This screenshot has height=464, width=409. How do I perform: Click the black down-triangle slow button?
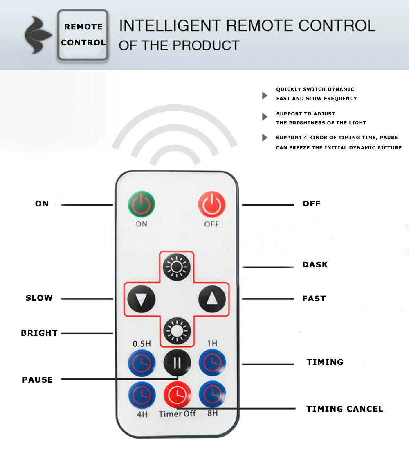[141, 299]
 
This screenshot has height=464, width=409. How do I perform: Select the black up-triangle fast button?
[212, 299]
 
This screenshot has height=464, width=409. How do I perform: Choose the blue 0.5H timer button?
[142, 362]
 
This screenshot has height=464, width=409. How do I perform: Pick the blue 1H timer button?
[212, 362]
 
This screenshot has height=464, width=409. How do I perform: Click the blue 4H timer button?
[142, 394]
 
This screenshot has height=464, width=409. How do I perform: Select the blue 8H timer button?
[212, 394]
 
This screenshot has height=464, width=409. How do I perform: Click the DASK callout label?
[315, 265]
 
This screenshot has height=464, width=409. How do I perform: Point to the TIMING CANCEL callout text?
[345, 409]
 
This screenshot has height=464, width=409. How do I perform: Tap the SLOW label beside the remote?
[39, 298]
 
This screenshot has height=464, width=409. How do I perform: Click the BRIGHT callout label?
[39, 333]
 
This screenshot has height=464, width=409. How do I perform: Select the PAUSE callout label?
[38, 380]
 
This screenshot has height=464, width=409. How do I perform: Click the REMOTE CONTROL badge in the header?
[83, 35]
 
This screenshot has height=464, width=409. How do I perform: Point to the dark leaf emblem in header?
[38, 35]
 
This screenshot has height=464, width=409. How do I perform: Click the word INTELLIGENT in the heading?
[169, 25]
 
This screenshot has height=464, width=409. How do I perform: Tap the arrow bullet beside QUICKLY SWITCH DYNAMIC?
[265, 95]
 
